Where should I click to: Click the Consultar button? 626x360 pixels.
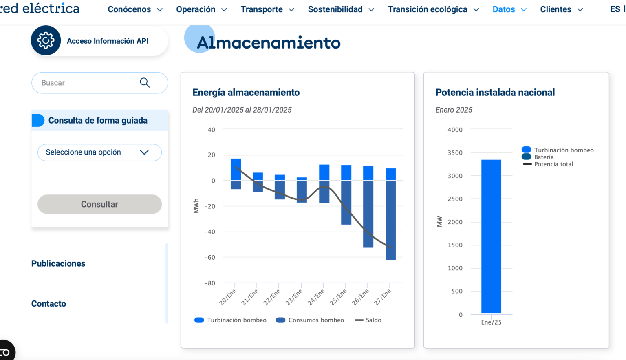click(x=99, y=204)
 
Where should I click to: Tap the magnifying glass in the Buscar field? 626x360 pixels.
click(x=145, y=83)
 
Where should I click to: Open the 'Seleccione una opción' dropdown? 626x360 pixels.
click(x=99, y=152)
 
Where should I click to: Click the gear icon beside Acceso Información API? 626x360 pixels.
click(x=46, y=40)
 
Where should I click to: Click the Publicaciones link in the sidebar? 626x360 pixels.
click(x=58, y=263)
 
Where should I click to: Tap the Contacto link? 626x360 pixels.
click(x=48, y=303)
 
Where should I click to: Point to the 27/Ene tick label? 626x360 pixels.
click(x=383, y=297)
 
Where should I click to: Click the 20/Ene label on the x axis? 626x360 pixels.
click(x=228, y=297)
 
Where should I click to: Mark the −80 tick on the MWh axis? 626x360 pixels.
click(x=209, y=283)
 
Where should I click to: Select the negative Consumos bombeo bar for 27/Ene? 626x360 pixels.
click(x=390, y=220)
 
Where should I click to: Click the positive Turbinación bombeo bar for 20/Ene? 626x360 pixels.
click(x=236, y=169)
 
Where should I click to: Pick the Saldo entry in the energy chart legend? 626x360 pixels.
click(x=368, y=320)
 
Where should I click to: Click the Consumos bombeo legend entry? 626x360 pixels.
click(x=310, y=320)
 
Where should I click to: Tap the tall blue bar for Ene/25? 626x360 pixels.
click(x=491, y=236)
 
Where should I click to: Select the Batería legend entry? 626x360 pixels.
click(x=544, y=157)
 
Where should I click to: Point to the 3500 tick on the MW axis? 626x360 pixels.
click(x=455, y=153)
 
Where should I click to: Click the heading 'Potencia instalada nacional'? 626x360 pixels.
click(x=495, y=93)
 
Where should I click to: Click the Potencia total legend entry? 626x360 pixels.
click(x=553, y=164)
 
